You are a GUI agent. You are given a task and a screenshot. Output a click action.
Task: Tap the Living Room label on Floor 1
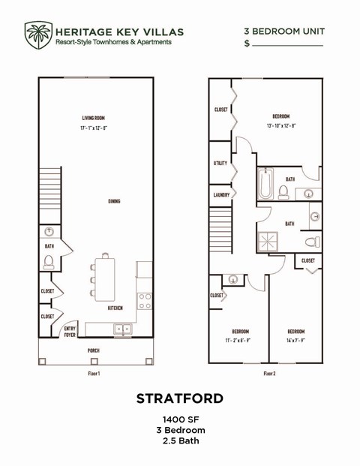click(94, 118)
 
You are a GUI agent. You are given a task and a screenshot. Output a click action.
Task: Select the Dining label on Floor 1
click(114, 201)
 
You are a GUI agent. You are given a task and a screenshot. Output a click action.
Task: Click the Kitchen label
click(115, 308)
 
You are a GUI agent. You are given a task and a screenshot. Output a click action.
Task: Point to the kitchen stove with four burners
click(145, 301)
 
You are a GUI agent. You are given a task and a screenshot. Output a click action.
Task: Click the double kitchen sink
click(122, 329)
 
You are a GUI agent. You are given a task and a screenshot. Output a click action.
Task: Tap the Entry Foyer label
click(70, 332)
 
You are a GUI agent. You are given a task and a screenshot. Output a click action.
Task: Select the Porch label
click(94, 350)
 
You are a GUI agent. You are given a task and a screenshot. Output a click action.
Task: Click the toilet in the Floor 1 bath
click(49, 262)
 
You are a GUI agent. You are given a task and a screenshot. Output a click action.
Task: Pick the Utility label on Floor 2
click(220, 163)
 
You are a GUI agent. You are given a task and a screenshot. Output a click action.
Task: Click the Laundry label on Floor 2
click(221, 194)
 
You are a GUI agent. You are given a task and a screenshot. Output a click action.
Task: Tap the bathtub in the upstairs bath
click(265, 183)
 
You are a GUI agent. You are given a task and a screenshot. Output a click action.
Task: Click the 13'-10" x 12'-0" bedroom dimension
click(281, 125)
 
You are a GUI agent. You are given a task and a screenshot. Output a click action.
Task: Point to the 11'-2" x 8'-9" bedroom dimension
click(241, 340)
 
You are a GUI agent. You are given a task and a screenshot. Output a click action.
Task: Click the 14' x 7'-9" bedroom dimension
click(295, 340)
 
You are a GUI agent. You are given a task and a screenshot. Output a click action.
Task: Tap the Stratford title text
click(180, 398)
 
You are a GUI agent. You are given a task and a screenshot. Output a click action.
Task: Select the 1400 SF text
click(180, 419)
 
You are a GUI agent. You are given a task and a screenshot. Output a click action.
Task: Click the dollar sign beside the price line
click(247, 45)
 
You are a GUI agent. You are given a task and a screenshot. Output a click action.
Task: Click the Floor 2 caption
click(270, 373)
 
